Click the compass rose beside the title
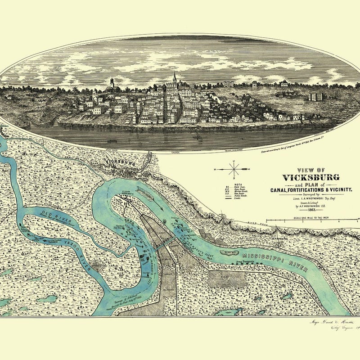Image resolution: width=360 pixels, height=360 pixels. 234,170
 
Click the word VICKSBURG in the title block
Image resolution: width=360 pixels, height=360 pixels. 311,177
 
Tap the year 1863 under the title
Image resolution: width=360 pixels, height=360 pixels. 311,210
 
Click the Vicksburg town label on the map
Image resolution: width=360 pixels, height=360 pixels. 120,162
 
